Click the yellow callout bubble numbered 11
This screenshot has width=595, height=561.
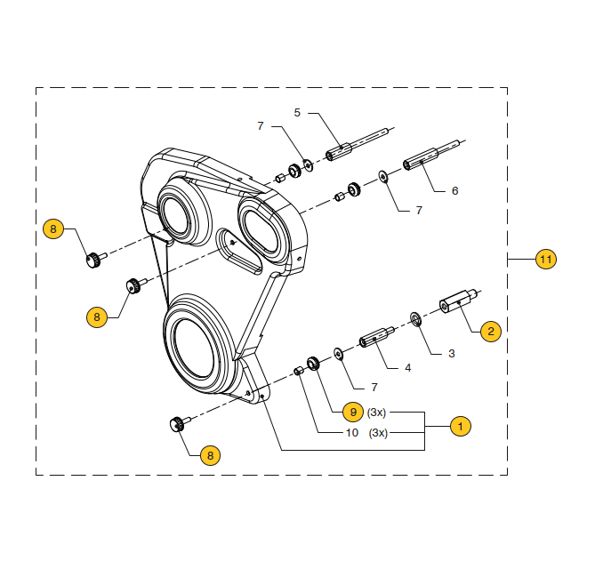coord(545,260)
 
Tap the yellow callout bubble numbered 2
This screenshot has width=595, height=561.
coord(490,332)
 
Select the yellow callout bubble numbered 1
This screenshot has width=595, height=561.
coord(459,426)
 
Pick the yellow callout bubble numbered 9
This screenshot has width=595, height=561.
coord(353,413)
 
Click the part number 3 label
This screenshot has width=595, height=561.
coord(451,353)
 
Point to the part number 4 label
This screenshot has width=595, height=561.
coord(407,367)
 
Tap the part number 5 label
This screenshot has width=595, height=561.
coord(298,112)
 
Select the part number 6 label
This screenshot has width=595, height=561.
coord(454,190)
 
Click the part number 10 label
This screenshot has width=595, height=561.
coord(352,433)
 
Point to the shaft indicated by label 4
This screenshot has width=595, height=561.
coord(375,338)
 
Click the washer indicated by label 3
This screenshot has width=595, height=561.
coord(415,317)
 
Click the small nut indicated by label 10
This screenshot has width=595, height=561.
coord(300,372)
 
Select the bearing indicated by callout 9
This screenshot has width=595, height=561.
coord(313,363)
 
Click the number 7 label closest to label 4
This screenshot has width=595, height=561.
coord(374,388)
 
